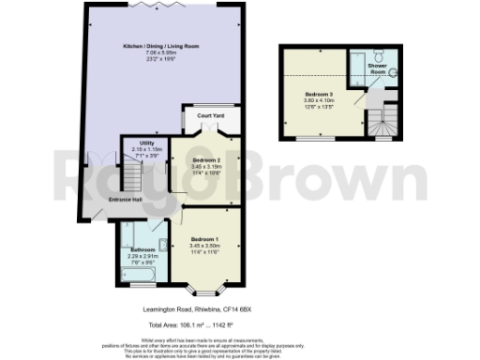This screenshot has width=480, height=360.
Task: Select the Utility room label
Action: (133, 142)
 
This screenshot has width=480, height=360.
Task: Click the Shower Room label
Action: (378, 68)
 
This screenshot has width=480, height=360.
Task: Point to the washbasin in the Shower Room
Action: (391, 70)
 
